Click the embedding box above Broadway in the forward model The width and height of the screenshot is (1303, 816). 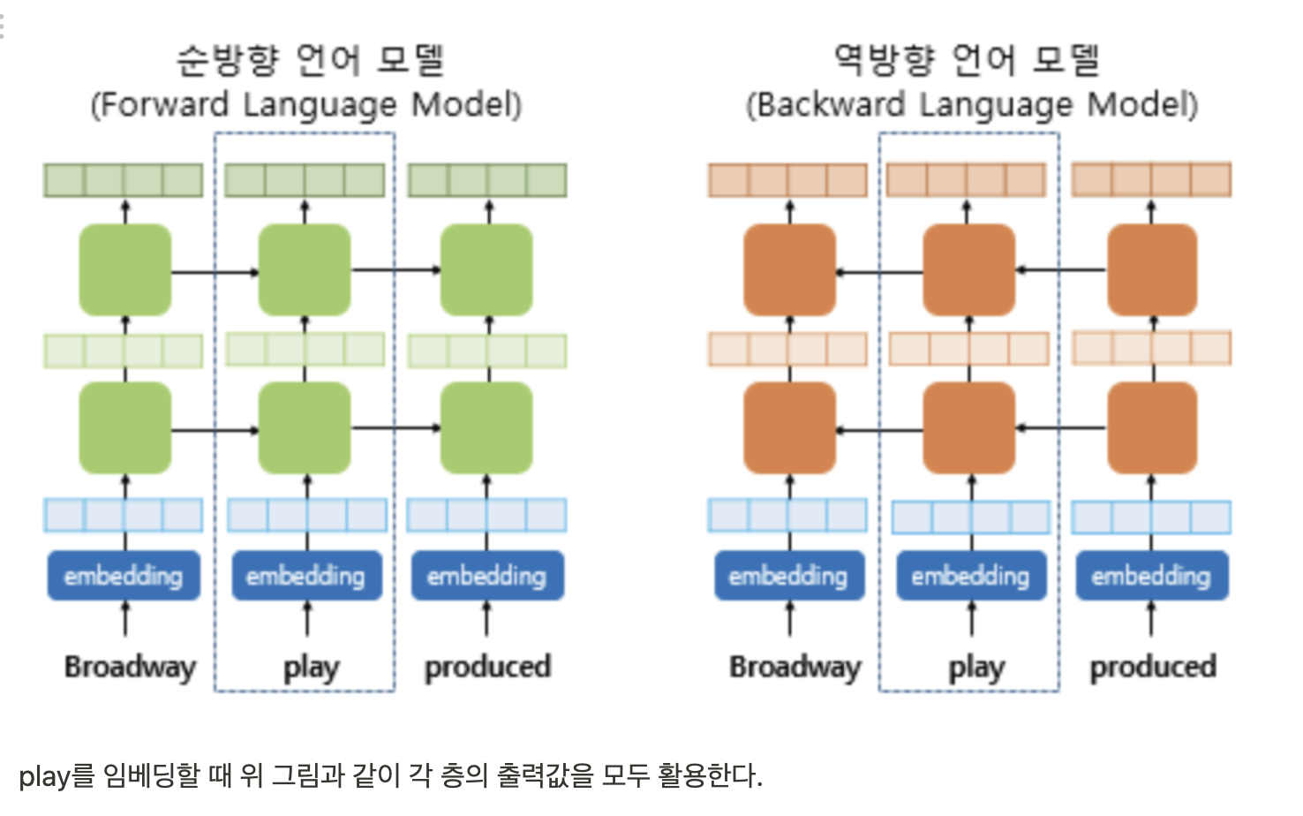click(124, 576)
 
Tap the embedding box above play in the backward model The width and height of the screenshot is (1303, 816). click(970, 576)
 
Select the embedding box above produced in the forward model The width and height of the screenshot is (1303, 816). click(486, 576)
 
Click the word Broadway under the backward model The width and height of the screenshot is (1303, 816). click(795, 667)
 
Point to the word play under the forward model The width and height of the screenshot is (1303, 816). click(311, 668)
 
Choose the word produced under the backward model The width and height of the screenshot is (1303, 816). click(1153, 667)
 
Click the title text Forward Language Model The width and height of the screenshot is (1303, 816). click(306, 105)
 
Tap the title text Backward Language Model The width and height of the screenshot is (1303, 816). click(972, 105)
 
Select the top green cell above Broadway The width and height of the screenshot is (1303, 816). click(125, 270)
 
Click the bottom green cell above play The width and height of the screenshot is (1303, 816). click(305, 428)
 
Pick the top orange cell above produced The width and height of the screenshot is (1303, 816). click(1152, 270)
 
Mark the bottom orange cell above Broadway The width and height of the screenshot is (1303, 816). click(789, 428)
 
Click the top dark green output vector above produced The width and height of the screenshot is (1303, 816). click(487, 180)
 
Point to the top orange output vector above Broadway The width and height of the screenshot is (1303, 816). click(787, 180)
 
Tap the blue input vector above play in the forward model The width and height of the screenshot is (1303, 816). click(306, 515)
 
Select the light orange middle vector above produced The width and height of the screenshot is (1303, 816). click(1151, 348)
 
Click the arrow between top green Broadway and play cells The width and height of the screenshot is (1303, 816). click(215, 271)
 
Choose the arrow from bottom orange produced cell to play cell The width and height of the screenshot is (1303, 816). click(1060, 428)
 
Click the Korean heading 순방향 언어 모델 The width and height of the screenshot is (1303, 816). click(311, 60)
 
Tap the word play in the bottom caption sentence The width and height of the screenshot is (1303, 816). click(43, 777)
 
